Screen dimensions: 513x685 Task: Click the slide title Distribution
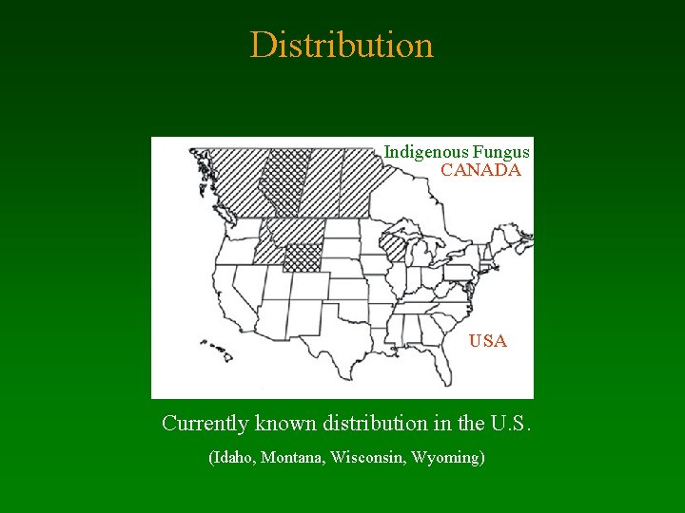pyautogui.click(x=342, y=46)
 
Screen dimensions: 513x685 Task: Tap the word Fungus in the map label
pyautogui.click(x=500, y=152)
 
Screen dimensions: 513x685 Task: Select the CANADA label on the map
pyautogui.click(x=480, y=171)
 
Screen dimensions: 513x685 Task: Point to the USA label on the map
pyautogui.click(x=487, y=341)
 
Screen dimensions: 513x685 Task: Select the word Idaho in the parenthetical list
pyautogui.click(x=233, y=458)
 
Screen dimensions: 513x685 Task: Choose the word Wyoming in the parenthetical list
pyautogui.click(x=447, y=458)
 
